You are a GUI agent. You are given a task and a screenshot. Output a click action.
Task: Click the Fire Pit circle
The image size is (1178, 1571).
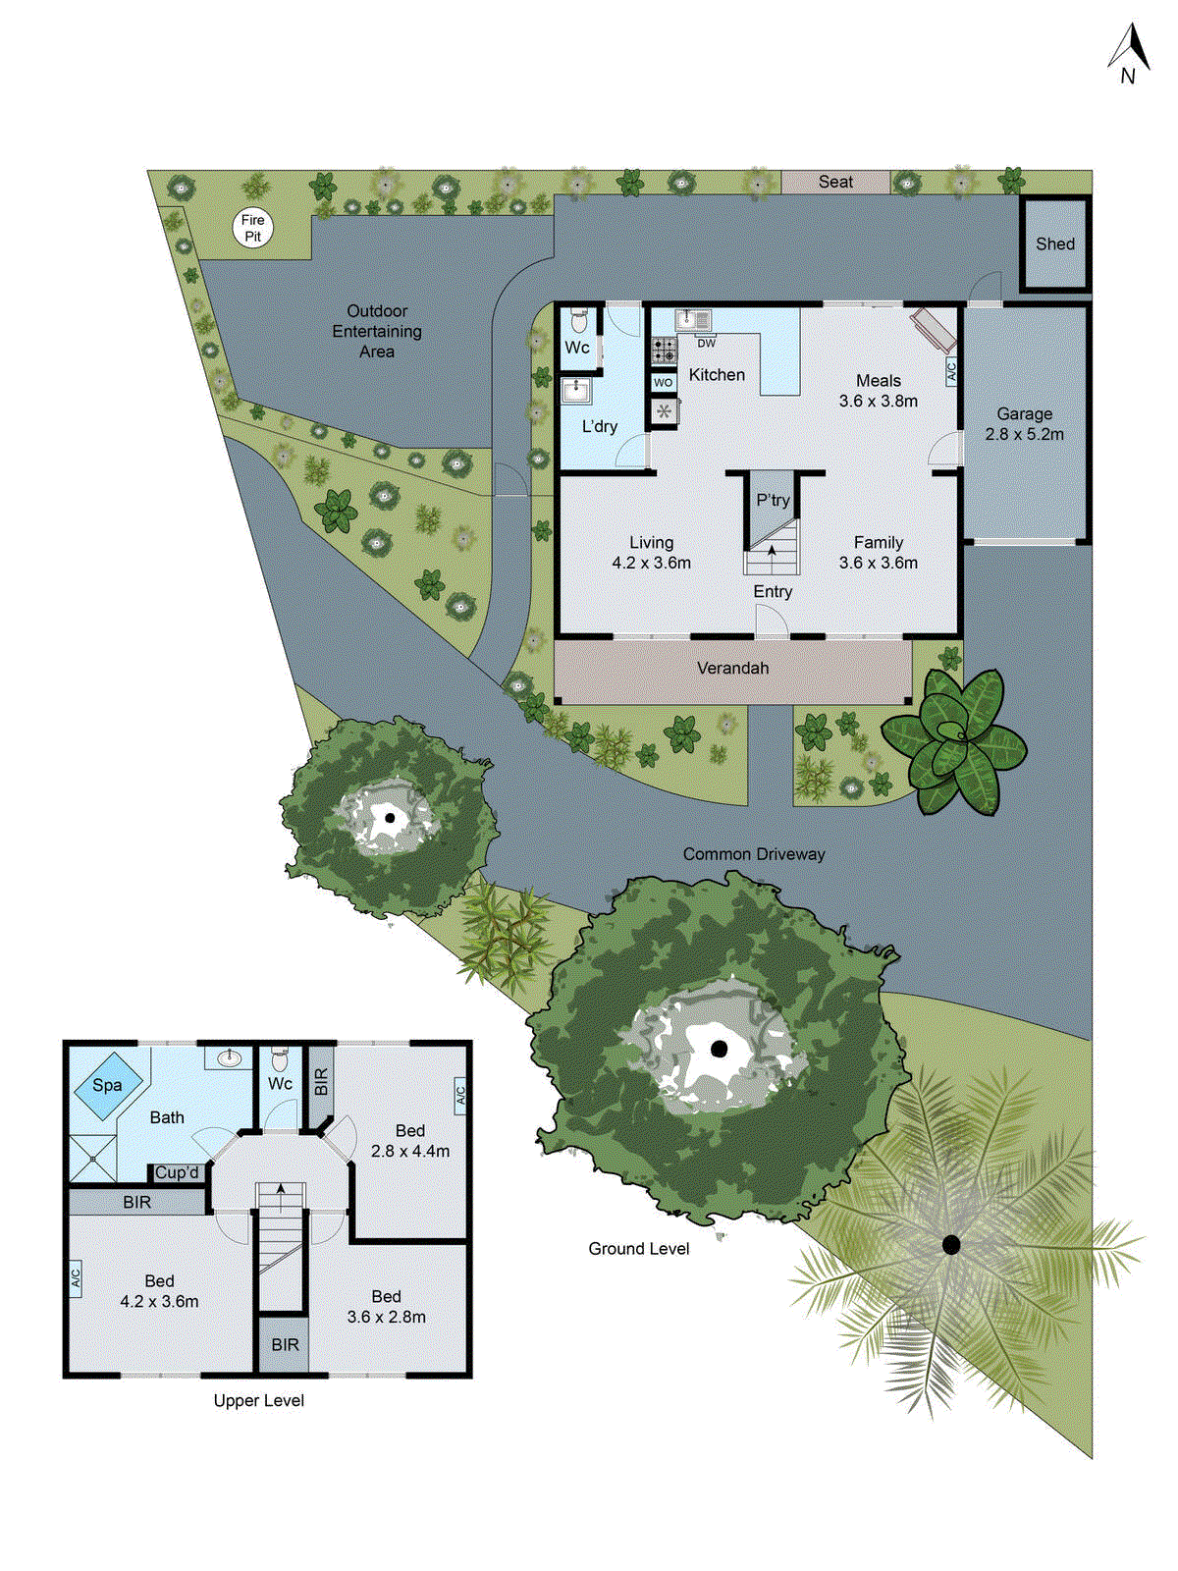(252, 228)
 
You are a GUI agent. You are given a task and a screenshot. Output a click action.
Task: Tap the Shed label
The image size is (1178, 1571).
(1055, 244)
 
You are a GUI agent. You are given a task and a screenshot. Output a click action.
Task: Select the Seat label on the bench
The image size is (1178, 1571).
(835, 182)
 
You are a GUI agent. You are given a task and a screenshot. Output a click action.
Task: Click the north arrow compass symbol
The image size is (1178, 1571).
(1130, 54)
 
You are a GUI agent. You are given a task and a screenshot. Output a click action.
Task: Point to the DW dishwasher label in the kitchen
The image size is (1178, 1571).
(707, 344)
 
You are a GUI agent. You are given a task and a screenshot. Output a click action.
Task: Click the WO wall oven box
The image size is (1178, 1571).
(664, 383)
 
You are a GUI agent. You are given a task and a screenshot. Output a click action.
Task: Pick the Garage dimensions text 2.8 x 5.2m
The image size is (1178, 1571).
(1024, 434)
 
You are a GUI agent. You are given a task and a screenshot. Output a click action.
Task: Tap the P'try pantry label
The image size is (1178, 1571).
(773, 501)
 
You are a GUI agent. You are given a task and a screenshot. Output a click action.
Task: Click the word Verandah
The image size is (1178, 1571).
(732, 669)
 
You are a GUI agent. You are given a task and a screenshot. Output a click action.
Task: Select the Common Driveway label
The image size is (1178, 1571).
(754, 854)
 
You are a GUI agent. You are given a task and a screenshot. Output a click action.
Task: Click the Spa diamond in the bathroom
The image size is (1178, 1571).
(107, 1085)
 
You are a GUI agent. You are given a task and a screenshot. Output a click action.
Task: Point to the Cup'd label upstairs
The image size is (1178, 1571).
(178, 1172)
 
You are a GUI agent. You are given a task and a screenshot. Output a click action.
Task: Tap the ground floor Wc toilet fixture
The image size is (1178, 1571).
(579, 320)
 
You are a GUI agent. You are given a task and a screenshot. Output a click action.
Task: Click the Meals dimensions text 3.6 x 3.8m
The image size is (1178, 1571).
(878, 401)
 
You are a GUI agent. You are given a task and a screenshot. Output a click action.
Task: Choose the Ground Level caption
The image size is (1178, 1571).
(638, 1249)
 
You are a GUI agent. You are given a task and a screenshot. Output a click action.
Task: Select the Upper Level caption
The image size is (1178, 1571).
(258, 1401)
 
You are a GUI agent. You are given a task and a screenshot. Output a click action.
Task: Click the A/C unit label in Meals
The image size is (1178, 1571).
(950, 371)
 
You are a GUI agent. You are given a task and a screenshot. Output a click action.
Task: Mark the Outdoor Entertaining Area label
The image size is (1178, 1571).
(377, 331)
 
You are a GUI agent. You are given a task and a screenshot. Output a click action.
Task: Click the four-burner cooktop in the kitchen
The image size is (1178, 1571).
(665, 351)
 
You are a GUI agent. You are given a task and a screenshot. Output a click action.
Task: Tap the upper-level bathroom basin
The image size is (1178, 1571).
(230, 1057)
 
